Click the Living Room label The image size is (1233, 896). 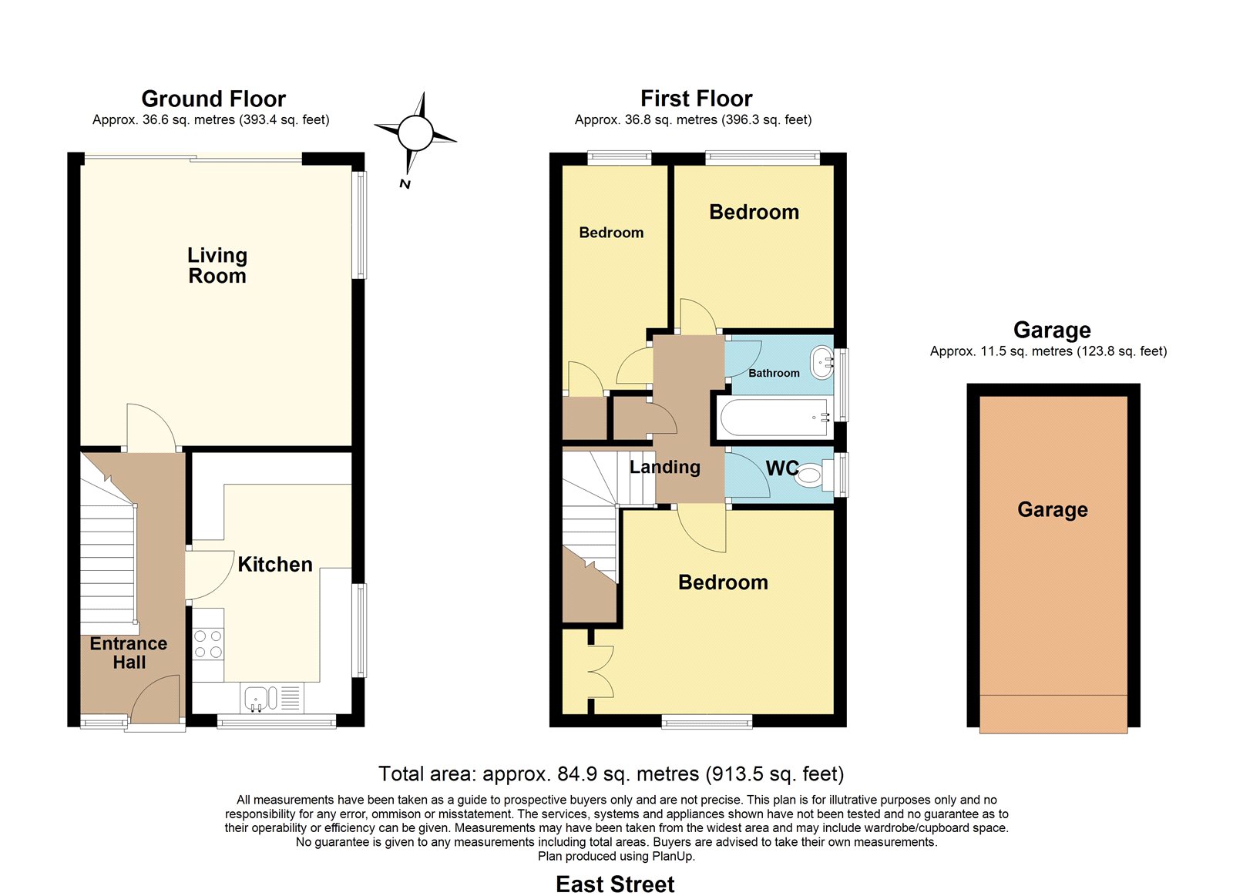point(217,265)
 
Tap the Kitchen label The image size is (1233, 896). point(275,565)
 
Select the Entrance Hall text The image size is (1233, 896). point(129,653)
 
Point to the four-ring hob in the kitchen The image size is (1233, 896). point(208,644)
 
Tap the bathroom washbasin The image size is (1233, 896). point(822,363)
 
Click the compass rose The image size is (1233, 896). point(415,133)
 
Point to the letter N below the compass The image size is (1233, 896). point(405,184)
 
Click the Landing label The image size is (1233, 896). point(665,468)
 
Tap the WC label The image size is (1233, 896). point(781,468)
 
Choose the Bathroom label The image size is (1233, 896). point(774,373)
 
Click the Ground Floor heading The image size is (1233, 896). point(213,99)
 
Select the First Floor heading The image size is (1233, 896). point(697,99)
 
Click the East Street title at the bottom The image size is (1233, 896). point(615,884)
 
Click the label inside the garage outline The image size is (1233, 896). point(1053,510)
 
